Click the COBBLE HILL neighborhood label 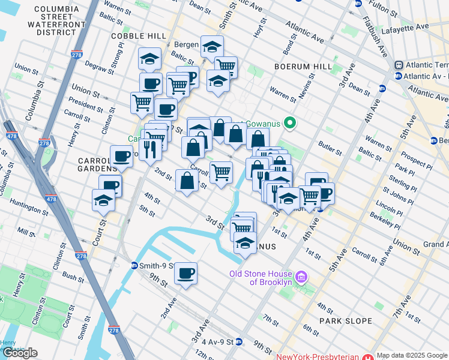[133, 36]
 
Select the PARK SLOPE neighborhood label [346, 321]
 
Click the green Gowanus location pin [290, 124]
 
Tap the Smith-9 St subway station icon [134, 265]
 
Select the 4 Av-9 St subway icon [239, 342]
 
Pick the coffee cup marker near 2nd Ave [185, 274]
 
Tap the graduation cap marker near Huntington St [104, 200]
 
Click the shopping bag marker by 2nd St [187, 180]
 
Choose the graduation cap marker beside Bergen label [212, 46]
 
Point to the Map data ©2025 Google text [412, 355]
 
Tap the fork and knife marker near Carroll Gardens [150, 149]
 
